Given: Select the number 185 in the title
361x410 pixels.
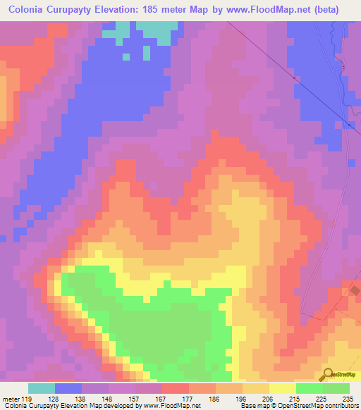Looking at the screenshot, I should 182,10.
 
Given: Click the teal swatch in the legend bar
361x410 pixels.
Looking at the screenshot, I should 42,388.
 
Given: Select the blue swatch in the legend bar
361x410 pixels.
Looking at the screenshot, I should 68,388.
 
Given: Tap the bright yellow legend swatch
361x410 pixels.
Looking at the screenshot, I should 282,388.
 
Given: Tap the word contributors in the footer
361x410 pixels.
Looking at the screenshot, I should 341,406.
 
